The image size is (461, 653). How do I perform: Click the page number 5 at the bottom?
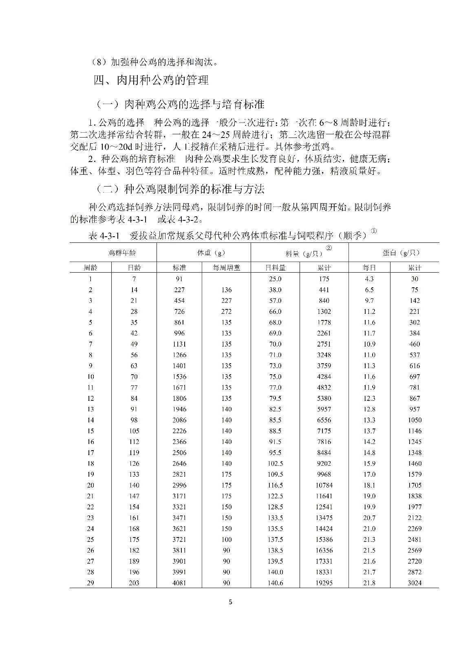[x=231, y=602]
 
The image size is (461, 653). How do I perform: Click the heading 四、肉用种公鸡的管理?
[x=151, y=80]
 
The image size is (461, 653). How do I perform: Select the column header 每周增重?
[x=226, y=268]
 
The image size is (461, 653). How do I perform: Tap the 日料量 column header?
[x=275, y=268]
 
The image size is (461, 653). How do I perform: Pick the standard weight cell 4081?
[x=179, y=583]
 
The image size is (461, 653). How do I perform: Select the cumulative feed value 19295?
[x=324, y=583]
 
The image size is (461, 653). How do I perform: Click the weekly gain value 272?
[x=226, y=311]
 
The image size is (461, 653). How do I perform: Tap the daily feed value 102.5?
[x=275, y=463]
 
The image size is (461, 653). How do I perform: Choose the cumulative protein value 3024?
[x=415, y=583]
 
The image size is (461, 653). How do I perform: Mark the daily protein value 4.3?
[x=369, y=279]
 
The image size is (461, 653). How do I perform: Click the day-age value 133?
[x=134, y=474]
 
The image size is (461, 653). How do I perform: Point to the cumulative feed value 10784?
[x=324, y=485]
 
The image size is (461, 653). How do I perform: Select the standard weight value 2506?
[x=179, y=453]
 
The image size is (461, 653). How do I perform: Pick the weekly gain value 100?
[x=226, y=540]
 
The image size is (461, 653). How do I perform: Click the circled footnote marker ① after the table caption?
[x=374, y=231]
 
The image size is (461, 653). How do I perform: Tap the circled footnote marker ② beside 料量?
[x=329, y=248]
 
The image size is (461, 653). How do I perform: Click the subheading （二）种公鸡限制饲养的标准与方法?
[x=180, y=189]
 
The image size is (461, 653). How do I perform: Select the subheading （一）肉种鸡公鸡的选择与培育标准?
[x=180, y=104]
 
